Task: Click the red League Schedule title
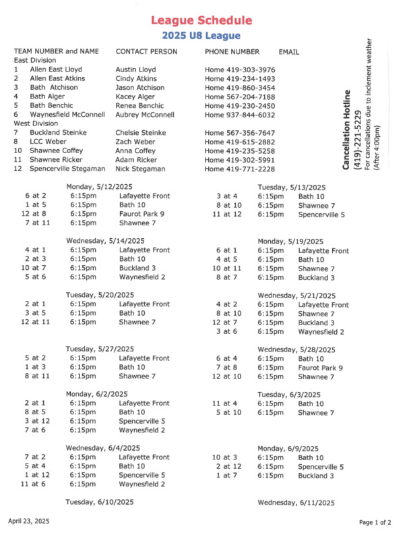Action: click(x=201, y=22)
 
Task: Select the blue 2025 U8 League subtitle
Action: click(x=201, y=35)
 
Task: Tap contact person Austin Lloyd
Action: click(x=135, y=69)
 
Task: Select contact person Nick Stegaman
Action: click(x=139, y=169)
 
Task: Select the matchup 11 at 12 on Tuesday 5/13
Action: click(x=226, y=215)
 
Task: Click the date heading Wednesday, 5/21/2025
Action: click(x=296, y=296)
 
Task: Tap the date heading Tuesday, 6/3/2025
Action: click(x=292, y=394)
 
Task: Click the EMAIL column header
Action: click(x=289, y=51)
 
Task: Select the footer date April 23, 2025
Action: click(x=28, y=522)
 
